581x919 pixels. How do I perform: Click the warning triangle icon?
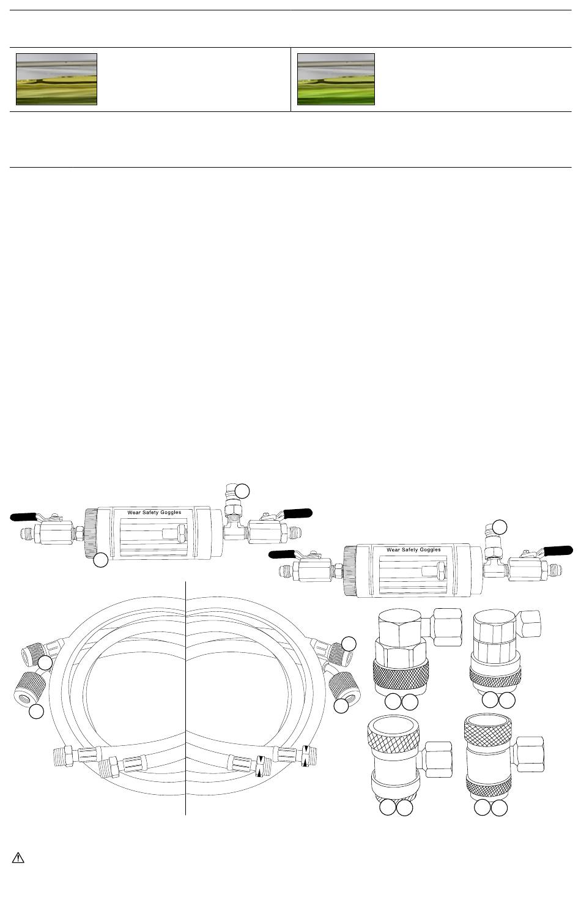pyautogui.click(x=18, y=857)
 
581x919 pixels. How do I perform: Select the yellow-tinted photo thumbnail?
pyautogui.click(x=57, y=79)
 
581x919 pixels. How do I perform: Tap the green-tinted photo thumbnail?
pyautogui.click(x=336, y=79)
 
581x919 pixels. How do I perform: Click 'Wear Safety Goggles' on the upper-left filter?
pyautogui.click(x=154, y=512)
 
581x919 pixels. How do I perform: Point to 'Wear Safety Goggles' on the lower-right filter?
pyautogui.click(x=413, y=550)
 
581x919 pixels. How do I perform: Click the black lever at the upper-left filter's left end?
pyautogui.click(x=24, y=516)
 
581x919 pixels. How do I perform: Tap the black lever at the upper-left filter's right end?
pyautogui.click(x=298, y=513)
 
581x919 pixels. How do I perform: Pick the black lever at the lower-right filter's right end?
pyautogui.click(x=558, y=551)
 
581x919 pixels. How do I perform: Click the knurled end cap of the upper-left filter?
pyautogui.click(x=91, y=533)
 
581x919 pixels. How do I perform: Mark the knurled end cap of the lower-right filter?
pyautogui.click(x=350, y=571)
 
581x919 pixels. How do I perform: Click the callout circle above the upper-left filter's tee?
pyautogui.click(x=242, y=491)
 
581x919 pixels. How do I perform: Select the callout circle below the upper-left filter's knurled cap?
pyautogui.click(x=100, y=560)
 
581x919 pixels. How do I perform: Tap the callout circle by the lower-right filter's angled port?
pyautogui.click(x=500, y=527)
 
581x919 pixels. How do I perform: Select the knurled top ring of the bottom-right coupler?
pyautogui.click(x=487, y=728)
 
